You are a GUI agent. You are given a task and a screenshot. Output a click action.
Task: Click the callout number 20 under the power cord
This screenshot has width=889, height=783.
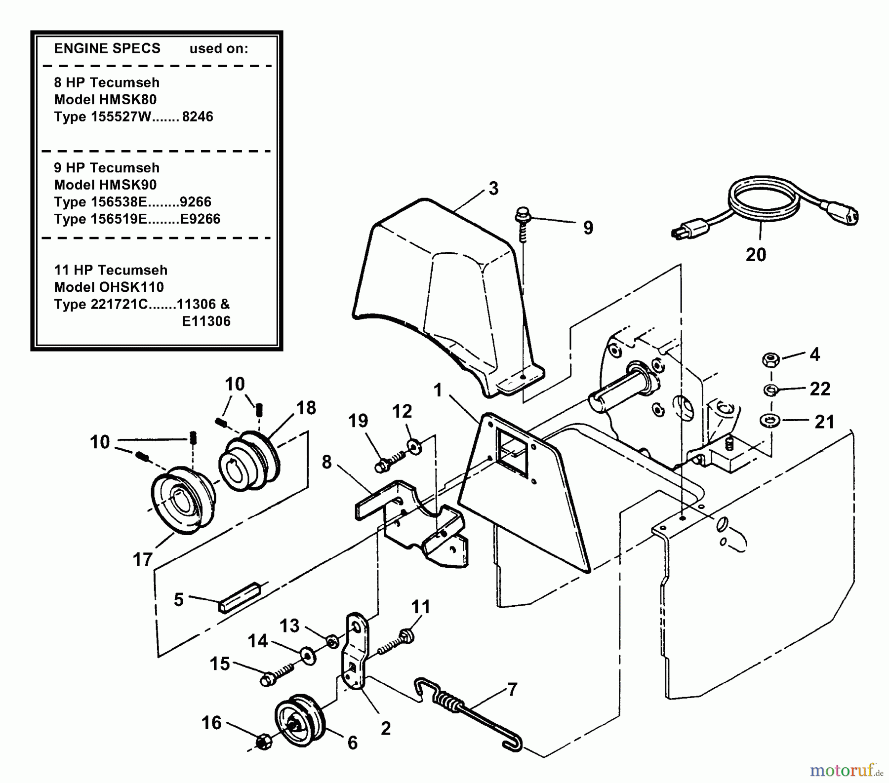pos(756,255)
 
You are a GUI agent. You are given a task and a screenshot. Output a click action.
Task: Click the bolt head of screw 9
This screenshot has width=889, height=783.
pos(521,215)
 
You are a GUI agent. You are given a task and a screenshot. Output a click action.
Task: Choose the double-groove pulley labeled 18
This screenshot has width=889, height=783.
pos(249,460)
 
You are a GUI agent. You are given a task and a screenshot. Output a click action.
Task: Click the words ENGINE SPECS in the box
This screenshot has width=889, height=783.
pos(107,48)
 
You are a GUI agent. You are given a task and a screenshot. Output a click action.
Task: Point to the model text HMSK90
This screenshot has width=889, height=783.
pos(129,185)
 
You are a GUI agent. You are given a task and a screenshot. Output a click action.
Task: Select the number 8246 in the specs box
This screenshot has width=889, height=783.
pos(198,117)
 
